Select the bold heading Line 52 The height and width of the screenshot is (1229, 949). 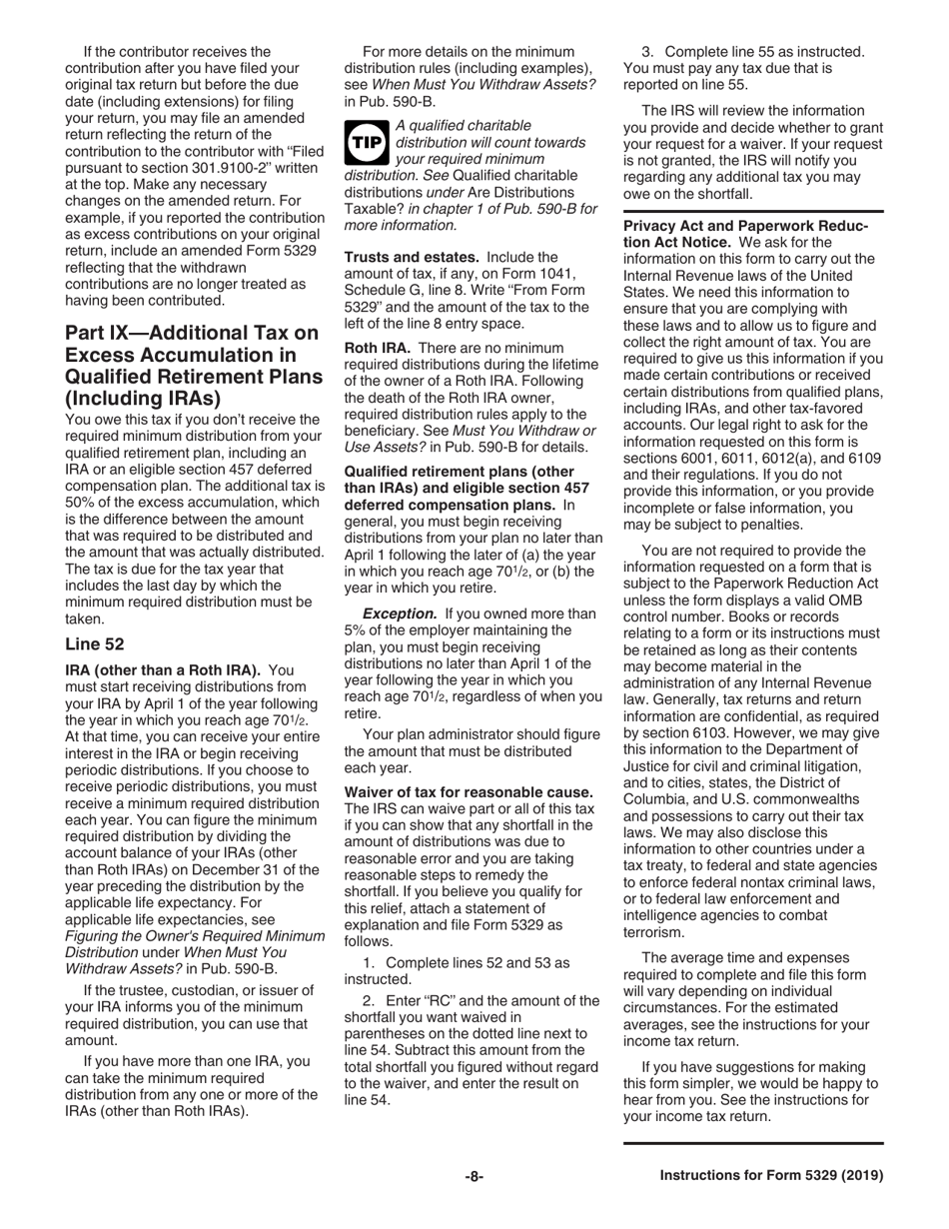tap(95, 644)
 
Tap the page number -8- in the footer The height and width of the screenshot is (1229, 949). tap(474, 1177)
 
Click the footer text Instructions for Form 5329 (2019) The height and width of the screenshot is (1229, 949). tap(771, 1177)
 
